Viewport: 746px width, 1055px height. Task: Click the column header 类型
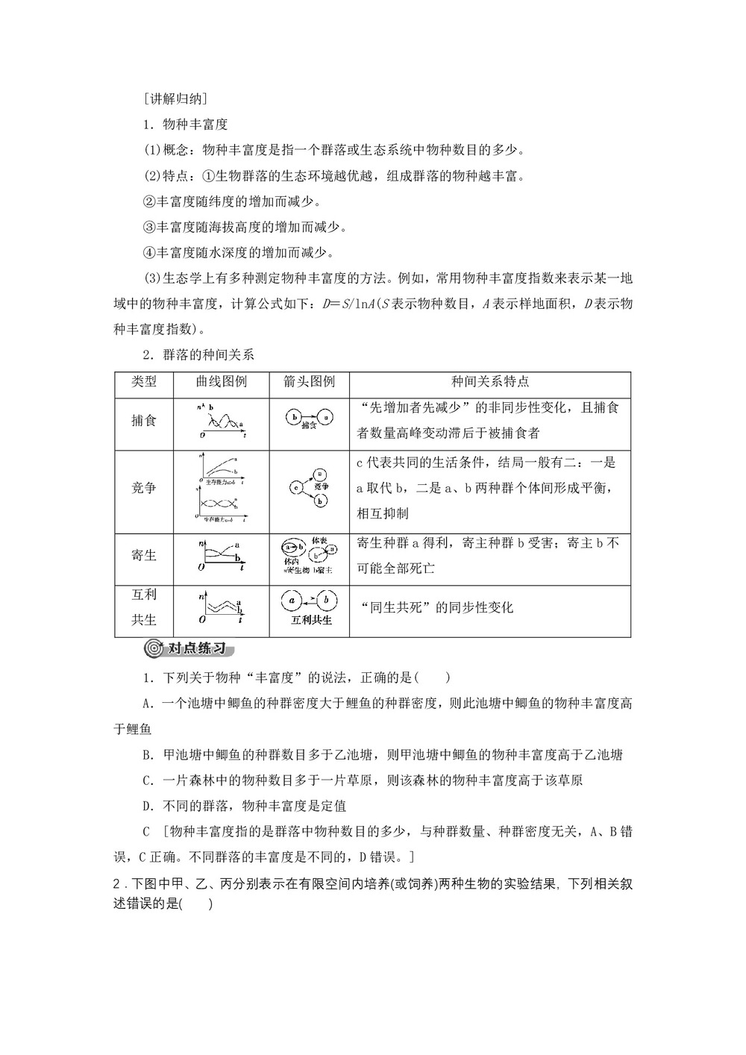144,381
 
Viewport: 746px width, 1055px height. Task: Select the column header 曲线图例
222,381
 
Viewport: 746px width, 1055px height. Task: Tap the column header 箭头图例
310,381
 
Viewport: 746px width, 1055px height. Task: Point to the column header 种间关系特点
490,381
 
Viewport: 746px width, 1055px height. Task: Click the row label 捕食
144,420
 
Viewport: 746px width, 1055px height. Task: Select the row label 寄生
144,555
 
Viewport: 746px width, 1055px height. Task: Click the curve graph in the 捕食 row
222,420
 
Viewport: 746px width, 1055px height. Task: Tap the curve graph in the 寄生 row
222,556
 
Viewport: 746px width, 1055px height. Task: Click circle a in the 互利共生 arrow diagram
293,598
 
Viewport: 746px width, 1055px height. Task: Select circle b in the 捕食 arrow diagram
295,416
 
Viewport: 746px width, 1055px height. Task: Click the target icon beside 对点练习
154,648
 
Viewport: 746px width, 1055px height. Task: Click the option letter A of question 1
147,703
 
